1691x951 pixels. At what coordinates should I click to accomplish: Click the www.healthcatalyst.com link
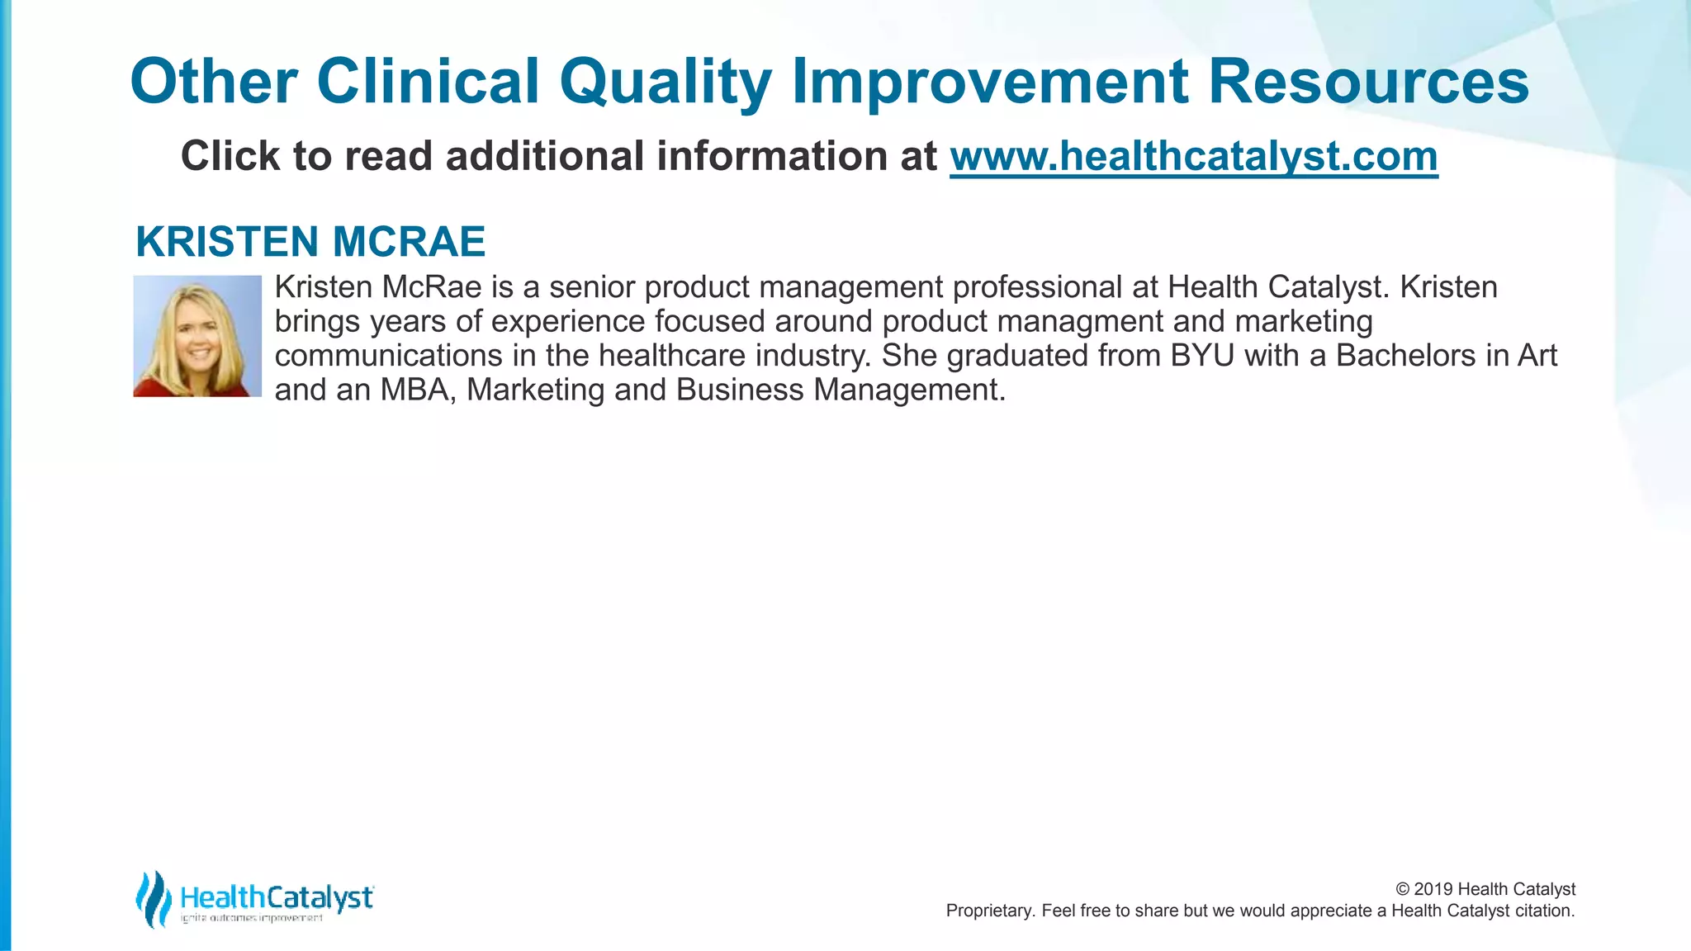pyautogui.click(x=1193, y=156)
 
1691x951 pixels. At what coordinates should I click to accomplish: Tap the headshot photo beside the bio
pyautogui.click(x=197, y=336)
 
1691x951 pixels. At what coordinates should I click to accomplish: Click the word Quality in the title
pyautogui.click(x=666, y=82)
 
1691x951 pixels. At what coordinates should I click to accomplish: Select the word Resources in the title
pyautogui.click(x=1368, y=82)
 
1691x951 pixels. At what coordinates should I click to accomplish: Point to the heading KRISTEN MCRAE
pyautogui.click(x=310, y=242)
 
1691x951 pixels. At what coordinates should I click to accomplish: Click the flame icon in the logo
pyautogui.click(x=153, y=899)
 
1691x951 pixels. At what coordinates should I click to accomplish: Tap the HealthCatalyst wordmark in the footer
pyautogui.click(x=277, y=897)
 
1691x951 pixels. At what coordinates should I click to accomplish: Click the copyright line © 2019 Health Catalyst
pyautogui.click(x=1485, y=889)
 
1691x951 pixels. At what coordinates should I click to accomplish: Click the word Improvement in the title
pyautogui.click(x=990, y=82)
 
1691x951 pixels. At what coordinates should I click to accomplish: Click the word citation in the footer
pyautogui.click(x=1544, y=911)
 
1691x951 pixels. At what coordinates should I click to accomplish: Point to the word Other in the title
pyautogui.click(x=214, y=82)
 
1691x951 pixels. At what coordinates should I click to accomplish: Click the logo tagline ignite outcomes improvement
pyautogui.click(x=252, y=919)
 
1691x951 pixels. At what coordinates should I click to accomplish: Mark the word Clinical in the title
pyautogui.click(x=428, y=82)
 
